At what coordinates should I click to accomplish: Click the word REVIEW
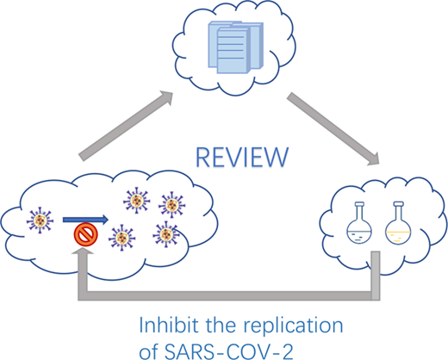pos(242,158)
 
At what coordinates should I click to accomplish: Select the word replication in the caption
pos(293,326)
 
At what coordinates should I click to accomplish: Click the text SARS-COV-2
pos(229,351)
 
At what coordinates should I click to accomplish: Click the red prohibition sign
pos(86,234)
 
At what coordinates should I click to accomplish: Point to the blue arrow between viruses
pos(85,220)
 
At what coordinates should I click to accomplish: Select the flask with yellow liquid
pos(398,223)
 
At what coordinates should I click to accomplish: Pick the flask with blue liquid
pos(359,223)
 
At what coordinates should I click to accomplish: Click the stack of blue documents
pos(235,47)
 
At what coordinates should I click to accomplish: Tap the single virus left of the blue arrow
pos(40,220)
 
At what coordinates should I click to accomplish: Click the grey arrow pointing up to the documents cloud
pos(126,126)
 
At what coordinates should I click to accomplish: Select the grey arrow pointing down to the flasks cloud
pos(333,129)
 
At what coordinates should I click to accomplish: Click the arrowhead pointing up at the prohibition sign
pos(83,251)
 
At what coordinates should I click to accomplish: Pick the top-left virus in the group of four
pos(137,201)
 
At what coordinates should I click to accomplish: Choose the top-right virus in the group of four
pos(171,205)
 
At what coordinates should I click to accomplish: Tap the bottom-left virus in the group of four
pos(122,238)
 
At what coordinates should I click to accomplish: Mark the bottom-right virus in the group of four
pos(166,234)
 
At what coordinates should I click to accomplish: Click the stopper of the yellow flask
pos(398,204)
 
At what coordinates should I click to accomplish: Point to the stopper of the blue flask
pos(359,204)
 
